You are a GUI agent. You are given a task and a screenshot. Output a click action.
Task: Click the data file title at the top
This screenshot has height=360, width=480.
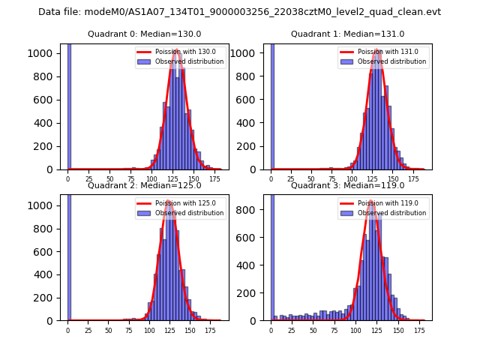(239, 12)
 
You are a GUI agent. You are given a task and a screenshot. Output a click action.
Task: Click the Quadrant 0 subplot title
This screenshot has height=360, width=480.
(144, 34)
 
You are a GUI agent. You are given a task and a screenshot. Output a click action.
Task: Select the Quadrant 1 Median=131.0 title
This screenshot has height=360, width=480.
(347, 34)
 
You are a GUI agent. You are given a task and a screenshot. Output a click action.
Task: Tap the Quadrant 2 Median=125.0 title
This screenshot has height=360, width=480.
(144, 185)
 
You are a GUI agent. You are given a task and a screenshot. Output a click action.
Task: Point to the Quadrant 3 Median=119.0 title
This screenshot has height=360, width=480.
(347, 185)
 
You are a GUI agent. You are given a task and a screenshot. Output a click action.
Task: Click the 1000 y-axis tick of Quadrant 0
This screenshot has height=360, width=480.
(43, 54)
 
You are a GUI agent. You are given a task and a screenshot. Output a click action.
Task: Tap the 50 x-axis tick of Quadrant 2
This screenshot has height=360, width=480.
(108, 331)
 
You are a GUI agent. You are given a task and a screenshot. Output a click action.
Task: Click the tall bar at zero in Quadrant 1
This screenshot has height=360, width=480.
(271, 105)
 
